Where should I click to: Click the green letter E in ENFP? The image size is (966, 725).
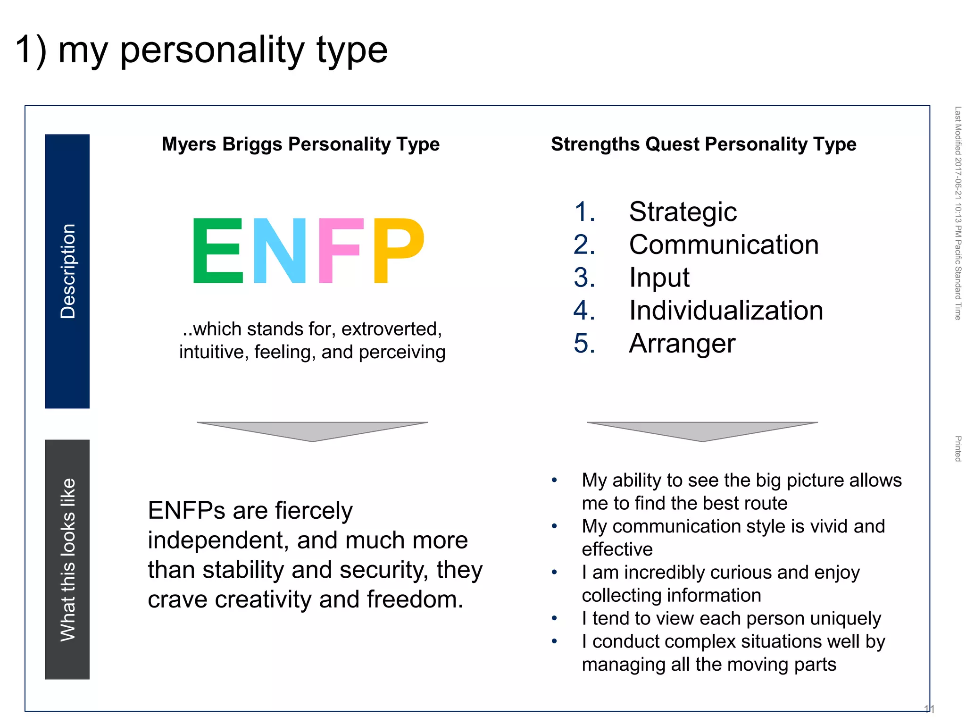tap(217, 250)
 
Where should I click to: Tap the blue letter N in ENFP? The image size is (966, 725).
tap(279, 250)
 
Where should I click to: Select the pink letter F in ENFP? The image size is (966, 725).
tap(341, 250)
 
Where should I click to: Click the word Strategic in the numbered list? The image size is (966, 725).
tap(683, 211)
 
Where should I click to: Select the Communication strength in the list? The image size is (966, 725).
tap(724, 244)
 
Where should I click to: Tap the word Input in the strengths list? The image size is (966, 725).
tap(659, 278)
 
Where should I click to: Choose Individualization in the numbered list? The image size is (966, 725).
tap(726, 311)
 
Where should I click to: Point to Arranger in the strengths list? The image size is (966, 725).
tap(682, 343)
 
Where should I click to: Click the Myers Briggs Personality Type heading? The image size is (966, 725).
tap(300, 144)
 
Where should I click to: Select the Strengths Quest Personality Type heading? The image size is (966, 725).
tap(703, 144)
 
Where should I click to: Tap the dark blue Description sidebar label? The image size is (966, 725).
tap(67, 271)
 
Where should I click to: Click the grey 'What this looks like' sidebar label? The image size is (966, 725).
tap(67, 559)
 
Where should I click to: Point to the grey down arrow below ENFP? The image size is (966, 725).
tap(312, 431)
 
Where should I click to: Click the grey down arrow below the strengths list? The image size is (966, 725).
tap(702, 431)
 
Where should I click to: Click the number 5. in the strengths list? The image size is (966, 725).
tap(584, 343)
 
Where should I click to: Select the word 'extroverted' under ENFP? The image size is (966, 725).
tap(391, 329)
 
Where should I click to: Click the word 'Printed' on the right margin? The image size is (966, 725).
tap(958, 448)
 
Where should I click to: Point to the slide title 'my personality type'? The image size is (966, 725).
tap(222, 50)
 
